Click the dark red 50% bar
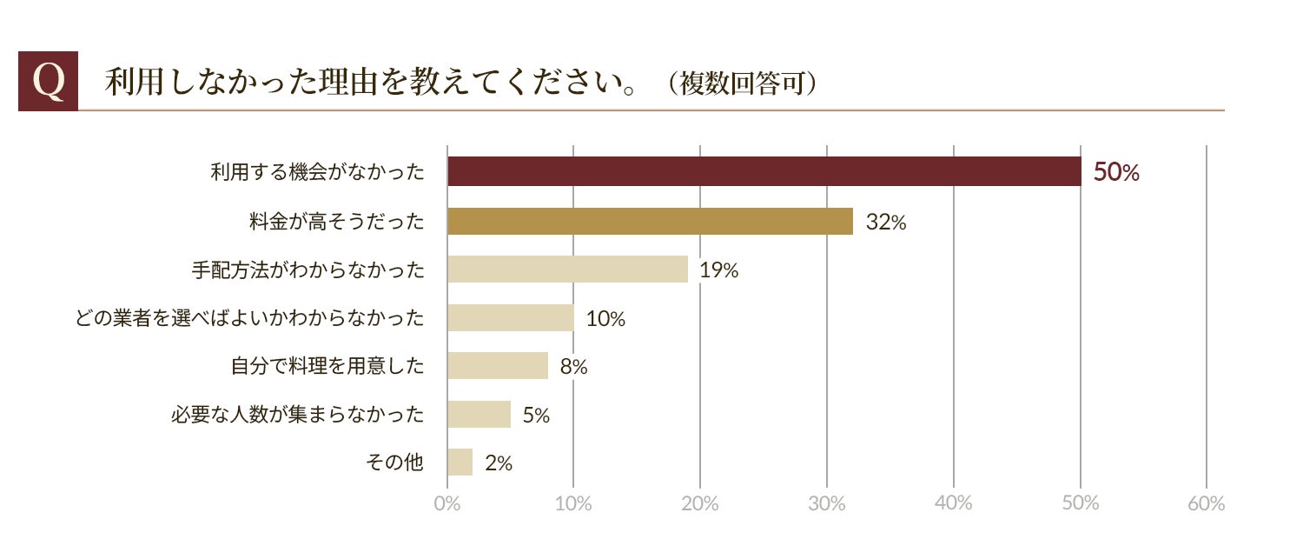[x=764, y=172]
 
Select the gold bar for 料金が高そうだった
[x=650, y=221]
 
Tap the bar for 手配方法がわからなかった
[x=568, y=269]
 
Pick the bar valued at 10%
[x=511, y=317]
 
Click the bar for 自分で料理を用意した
[x=498, y=365]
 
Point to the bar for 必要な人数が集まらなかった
[x=479, y=414]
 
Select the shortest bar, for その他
[x=460, y=462]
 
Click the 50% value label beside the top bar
[x=1116, y=172]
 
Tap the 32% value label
[x=886, y=222]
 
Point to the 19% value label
[x=719, y=270]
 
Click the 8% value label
[x=573, y=367]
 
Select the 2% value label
[x=499, y=463]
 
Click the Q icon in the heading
[x=49, y=81]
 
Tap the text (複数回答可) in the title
[x=743, y=83]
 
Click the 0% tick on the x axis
[x=446, y=503]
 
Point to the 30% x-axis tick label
[x=827, y=503]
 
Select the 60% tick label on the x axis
[x=1207, y=503]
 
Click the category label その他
[x=394, y=462]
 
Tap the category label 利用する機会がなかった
[x=317, y=172]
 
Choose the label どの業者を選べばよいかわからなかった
[x=249, y=318]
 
